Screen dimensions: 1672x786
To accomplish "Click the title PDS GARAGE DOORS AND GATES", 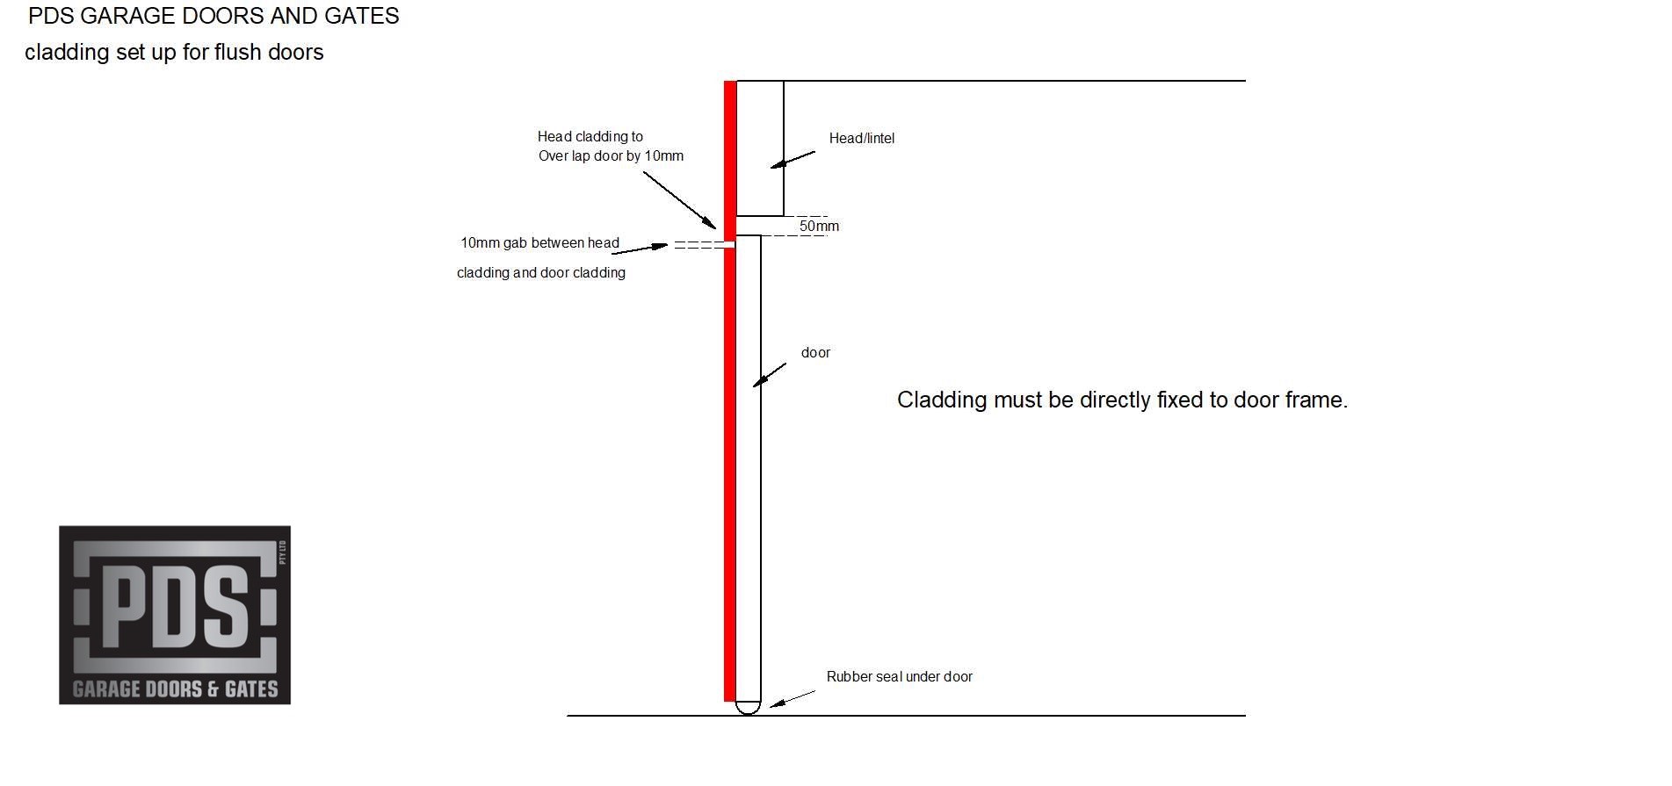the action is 214,16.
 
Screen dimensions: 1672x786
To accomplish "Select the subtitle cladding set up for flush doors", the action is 174,53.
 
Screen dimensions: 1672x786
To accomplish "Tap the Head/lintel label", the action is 862,138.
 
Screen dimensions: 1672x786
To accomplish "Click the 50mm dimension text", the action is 819,226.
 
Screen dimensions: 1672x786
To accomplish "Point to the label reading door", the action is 815,352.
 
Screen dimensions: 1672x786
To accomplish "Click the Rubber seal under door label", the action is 900,676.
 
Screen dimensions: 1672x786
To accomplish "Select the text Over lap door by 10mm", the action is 611,155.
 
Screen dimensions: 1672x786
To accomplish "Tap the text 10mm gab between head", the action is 539,242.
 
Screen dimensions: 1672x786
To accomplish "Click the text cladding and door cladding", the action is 541,272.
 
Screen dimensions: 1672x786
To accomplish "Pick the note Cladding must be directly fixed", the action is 1122,400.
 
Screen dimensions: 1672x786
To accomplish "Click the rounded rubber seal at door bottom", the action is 748,707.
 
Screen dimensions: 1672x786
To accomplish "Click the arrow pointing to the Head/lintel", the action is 793,159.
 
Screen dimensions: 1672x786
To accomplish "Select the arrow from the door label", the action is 770,375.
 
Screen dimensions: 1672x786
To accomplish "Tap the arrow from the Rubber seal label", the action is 793,698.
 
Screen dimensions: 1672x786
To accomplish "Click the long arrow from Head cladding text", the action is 680,199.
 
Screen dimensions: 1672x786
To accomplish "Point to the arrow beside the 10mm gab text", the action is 640,249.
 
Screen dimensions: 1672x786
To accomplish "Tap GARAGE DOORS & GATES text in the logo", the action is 175,689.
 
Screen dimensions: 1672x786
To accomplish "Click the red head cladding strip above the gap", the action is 730,161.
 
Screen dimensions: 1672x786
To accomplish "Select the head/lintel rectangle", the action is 760,148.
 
